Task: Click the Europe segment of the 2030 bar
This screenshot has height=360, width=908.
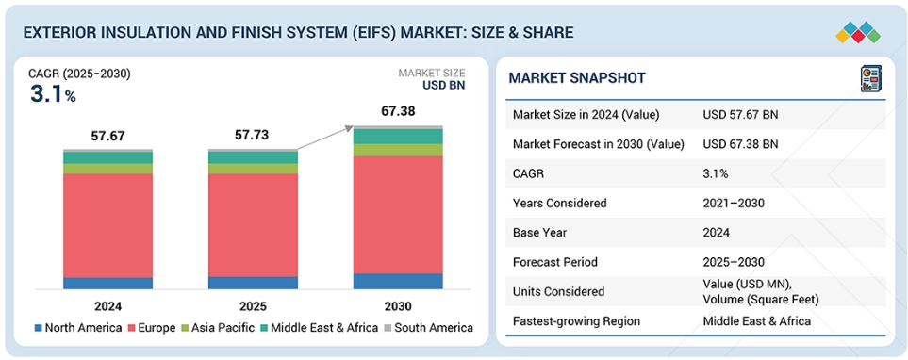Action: pos(398,214)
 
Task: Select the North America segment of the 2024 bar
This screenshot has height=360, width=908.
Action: pos(107,283)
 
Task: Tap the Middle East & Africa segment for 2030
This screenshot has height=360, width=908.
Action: pos(398,136)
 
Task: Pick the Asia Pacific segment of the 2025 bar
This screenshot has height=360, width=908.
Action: pos(253,169)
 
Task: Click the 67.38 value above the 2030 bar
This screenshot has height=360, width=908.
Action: pos(398,111)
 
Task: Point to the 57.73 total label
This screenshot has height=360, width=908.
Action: pos(253,136)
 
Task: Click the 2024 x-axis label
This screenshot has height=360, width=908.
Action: pos(107,306)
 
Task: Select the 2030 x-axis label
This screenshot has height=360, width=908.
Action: pos(398,306)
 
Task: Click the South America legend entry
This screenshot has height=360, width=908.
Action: pos(428,328)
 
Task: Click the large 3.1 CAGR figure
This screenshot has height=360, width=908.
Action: pos(46,94)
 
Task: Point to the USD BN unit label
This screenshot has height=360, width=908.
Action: pos(444,86)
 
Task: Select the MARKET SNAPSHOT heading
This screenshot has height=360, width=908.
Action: pos(577,78)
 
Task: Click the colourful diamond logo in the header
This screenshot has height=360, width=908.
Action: pos(858,32)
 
